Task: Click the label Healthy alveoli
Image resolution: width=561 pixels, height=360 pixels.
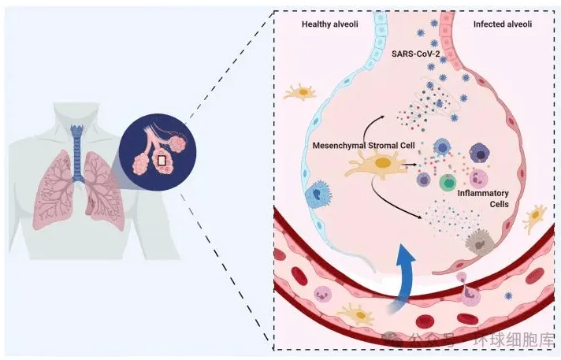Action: pos(330,25)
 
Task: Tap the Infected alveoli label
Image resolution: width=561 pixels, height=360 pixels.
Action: pos(502,25)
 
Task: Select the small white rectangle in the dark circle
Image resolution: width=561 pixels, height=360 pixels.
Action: pos(161,161)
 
